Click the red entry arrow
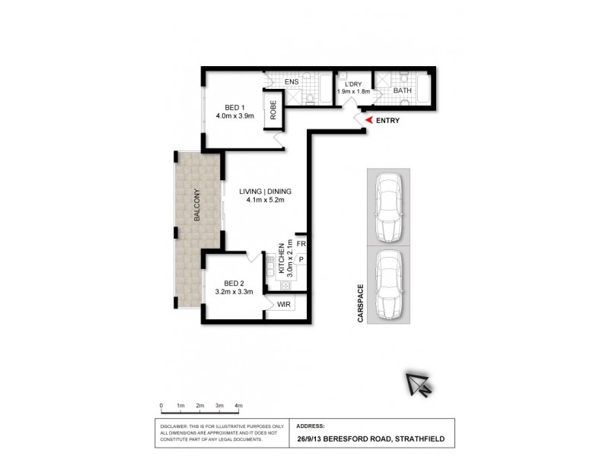tap(368, 120)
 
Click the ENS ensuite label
tap(291, 81)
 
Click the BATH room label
tap(402, 91)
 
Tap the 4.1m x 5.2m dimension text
tap(264, 201)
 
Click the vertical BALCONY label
tap(196, 205)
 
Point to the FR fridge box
tap(301, 244)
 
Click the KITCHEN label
tap(282, 258)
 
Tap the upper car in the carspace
tap(388, 205)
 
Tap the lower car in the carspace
tap(388, 283)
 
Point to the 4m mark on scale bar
tap(238, 406)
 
